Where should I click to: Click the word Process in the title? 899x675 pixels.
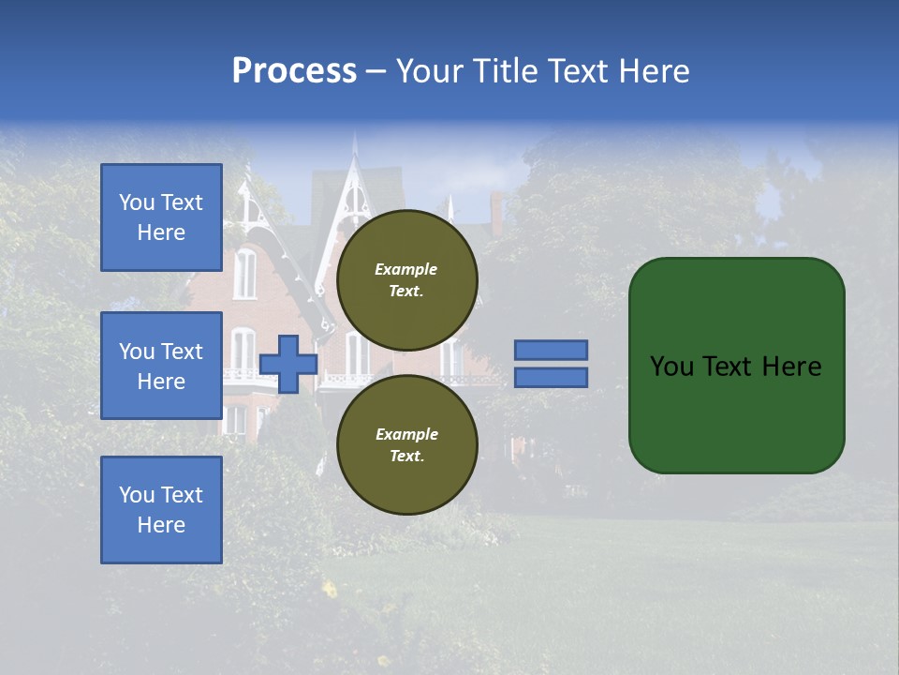pos(294,71)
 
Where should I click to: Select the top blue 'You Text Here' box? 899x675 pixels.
pos(161,217)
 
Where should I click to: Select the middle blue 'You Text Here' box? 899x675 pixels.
pos(161,366)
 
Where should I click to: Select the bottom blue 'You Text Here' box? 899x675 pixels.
pos(161,509)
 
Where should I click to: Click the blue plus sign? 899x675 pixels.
pos(287,364)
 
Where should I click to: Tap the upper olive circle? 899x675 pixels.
pos(407,279)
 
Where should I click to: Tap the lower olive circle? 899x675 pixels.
pos(407,444)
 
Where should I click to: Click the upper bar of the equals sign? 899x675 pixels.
pos(551,351)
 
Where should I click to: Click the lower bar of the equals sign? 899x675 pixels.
pos(551,377)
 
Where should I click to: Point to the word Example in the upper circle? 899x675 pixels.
pos(405,269)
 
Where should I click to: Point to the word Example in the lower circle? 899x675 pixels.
pos(406,434)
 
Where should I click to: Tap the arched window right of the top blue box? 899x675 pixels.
pos(244,274)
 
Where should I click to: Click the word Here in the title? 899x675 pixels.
pos(656,71)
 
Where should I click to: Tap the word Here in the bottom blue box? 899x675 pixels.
pos(161,525)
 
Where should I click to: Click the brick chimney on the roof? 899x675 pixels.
pos(496,212)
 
